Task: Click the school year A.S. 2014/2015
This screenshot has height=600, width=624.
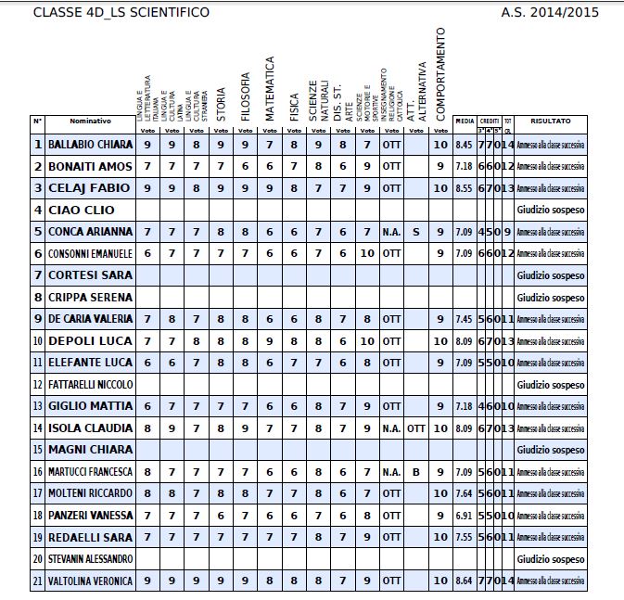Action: click(550, 12)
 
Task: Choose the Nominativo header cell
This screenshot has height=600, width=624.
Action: click(90, 121)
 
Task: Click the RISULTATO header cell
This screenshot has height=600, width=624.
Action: click(551, 121)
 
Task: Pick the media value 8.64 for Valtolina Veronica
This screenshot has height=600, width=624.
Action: click(465, 581)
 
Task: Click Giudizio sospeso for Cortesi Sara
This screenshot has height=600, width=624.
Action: click(551, 275)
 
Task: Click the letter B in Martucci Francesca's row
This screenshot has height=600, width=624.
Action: click(415, 472)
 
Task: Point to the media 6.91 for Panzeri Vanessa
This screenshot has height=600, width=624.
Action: click(465, 516)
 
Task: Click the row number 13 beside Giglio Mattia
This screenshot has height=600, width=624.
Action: click(38, 406)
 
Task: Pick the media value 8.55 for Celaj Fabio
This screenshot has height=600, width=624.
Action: click(465, 188)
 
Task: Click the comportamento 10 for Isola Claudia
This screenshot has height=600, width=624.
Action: click(440, 428)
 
